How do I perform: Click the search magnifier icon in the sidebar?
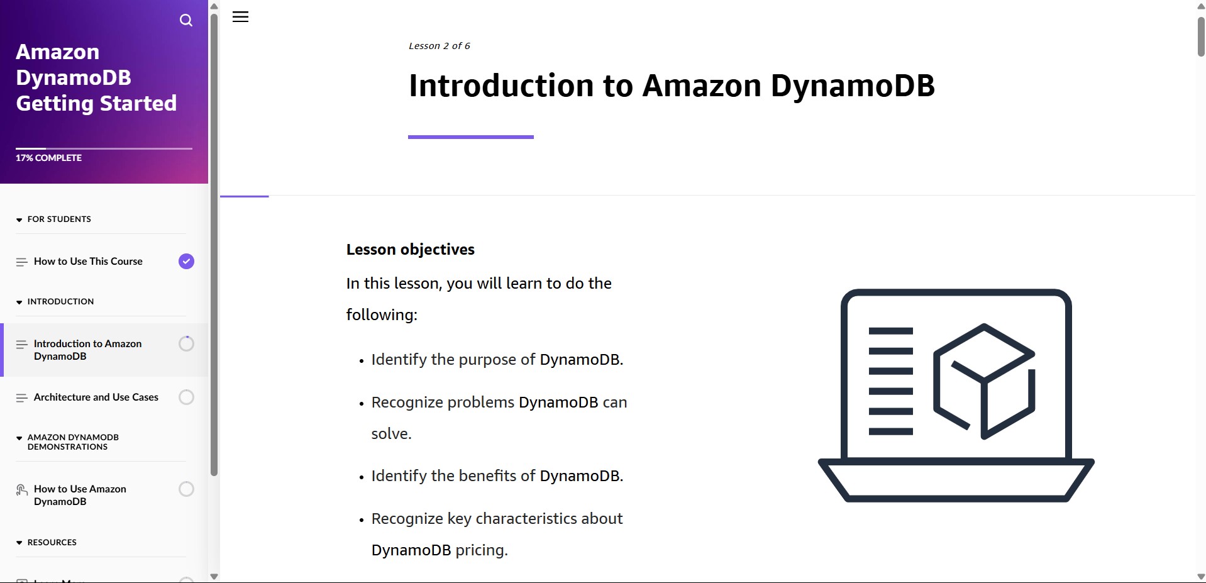point(186,20)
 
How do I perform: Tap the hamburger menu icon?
point(240,17)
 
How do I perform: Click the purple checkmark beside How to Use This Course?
point(186,261)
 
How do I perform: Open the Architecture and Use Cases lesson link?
point(96,397)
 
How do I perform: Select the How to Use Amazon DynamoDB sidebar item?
point(80,495)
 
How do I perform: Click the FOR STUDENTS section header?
point(59,219)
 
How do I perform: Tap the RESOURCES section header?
point(52,542)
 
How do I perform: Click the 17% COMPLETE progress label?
point(48,158)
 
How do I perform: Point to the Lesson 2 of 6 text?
point(440,46)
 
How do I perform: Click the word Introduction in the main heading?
point(501,86)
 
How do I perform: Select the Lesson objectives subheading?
point(411,250)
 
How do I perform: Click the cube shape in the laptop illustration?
point(984,381)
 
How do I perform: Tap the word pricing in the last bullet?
point(480,550)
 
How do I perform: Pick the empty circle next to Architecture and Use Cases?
point(186,397)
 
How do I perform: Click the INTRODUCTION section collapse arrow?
point(19,302)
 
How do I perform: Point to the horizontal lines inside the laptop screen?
point(890,381)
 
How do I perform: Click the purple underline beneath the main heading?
point(471,137)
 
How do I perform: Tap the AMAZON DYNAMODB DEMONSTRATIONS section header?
point(73,442)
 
